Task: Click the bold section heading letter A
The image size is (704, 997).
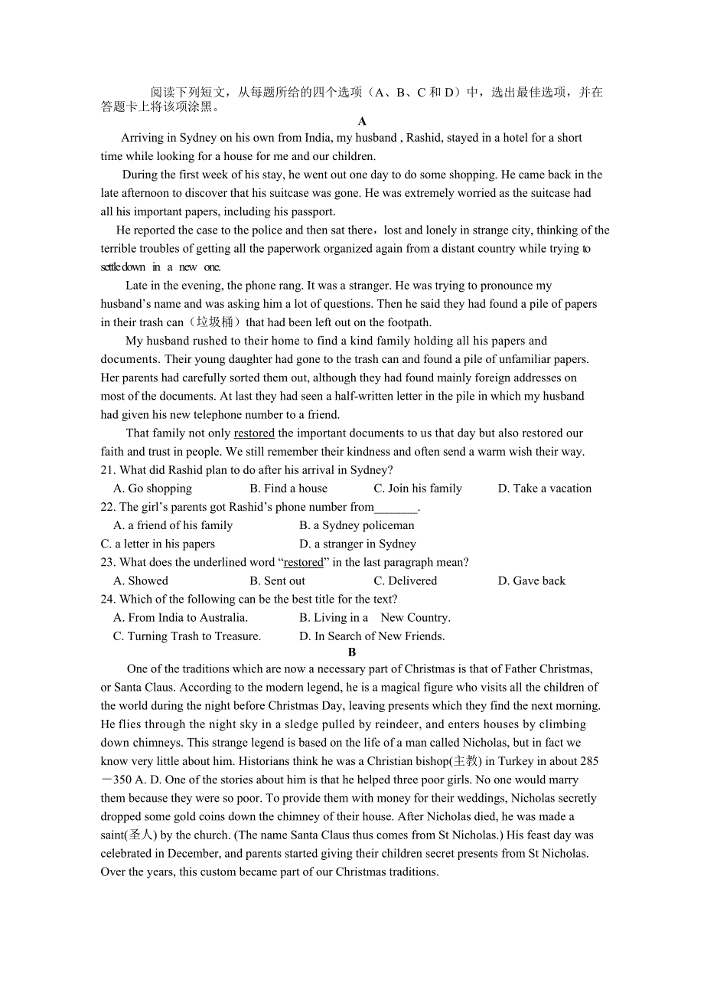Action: coord(362,121)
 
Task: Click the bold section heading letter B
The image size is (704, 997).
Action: coord(352,652)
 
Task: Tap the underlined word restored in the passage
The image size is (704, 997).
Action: coord(254,433)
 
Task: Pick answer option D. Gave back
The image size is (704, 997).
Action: coord(532,580)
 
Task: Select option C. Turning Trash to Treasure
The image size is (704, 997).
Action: coord(187,636)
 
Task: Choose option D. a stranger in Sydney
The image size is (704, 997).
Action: coord(357,544)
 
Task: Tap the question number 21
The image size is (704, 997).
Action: coord(107,470)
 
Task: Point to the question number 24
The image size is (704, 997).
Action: coord(107,600)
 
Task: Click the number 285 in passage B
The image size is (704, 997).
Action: coord(589,761)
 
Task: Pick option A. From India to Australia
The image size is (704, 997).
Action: coord(181,618)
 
